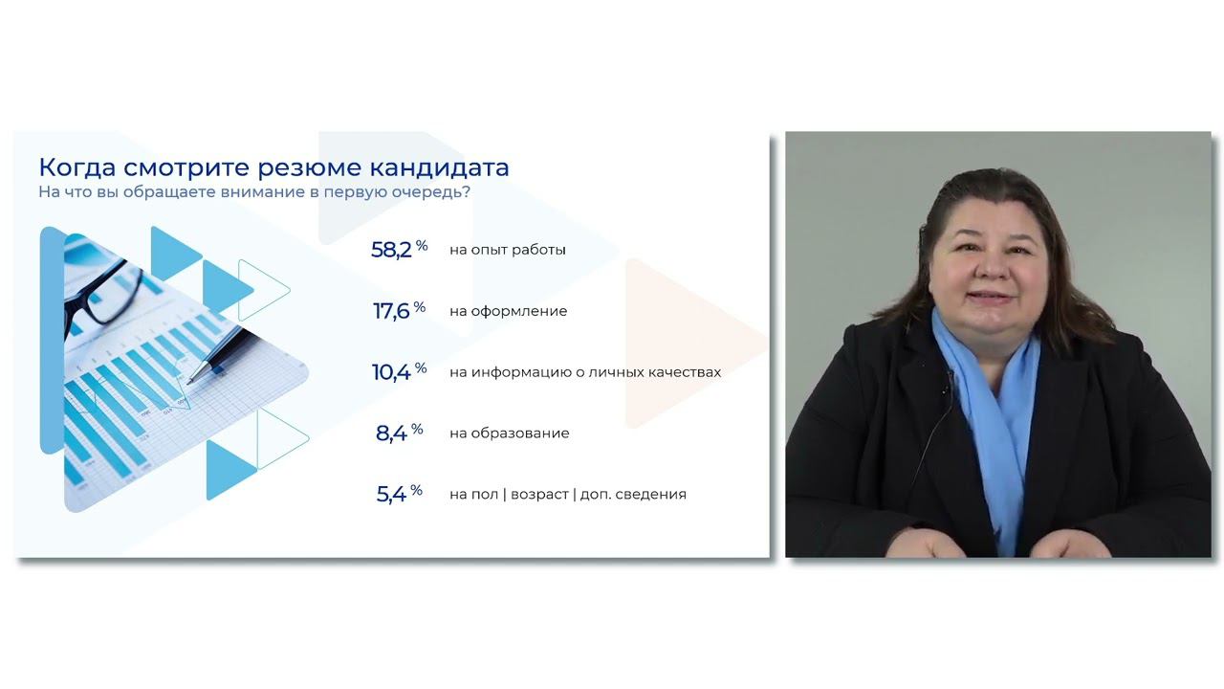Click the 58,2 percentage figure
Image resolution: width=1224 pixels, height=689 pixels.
click(x=399, y=250)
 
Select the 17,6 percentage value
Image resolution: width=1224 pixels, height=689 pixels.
click(x=400, y=311)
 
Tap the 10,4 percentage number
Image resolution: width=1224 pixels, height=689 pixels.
click(x=399, y=372)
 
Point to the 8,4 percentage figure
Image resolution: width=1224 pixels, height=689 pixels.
click(x=400, y=433)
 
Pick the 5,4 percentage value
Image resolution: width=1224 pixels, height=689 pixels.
click(x=400, y=494)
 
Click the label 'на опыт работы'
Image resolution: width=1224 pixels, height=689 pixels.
click(x=508, y=250)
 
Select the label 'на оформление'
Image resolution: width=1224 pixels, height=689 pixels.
click(x=508, y=311)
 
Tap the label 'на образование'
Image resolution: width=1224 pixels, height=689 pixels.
click(x=510, y=433)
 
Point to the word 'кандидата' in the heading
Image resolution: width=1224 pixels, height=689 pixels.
click(x=439, y=167)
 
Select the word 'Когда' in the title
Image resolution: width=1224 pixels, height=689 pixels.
click(x=77, y=167)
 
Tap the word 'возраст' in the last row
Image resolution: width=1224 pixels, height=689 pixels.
click(x=539, y=495)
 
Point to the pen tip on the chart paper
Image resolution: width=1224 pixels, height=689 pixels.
click(x=189, y=382)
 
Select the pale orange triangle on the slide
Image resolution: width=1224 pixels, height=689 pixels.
click(x=695, y=344)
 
